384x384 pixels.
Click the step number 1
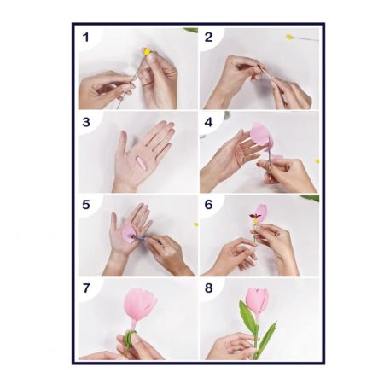point(85,38)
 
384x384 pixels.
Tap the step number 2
point(208,38)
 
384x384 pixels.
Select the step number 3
point(86,122)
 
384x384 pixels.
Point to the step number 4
point(208,122)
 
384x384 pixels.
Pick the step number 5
point(86,205)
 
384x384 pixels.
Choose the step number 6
point(208,205)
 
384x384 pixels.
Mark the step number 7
point(86,288)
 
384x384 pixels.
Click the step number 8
point(208,288)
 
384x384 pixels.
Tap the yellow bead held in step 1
point(147,51)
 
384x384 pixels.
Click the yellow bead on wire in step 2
point(289,37)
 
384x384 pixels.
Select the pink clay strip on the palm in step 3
point(140,162)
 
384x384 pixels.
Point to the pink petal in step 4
point(261,134)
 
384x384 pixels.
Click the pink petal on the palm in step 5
point(129,234)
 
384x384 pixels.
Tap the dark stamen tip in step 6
point(253,216)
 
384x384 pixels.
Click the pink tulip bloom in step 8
point(257,301)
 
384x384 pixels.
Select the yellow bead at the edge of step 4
point(317,161)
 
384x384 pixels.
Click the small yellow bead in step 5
point(195,224)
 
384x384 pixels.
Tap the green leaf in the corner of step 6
point(309,198)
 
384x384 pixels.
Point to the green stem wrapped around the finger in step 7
point(131,335)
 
